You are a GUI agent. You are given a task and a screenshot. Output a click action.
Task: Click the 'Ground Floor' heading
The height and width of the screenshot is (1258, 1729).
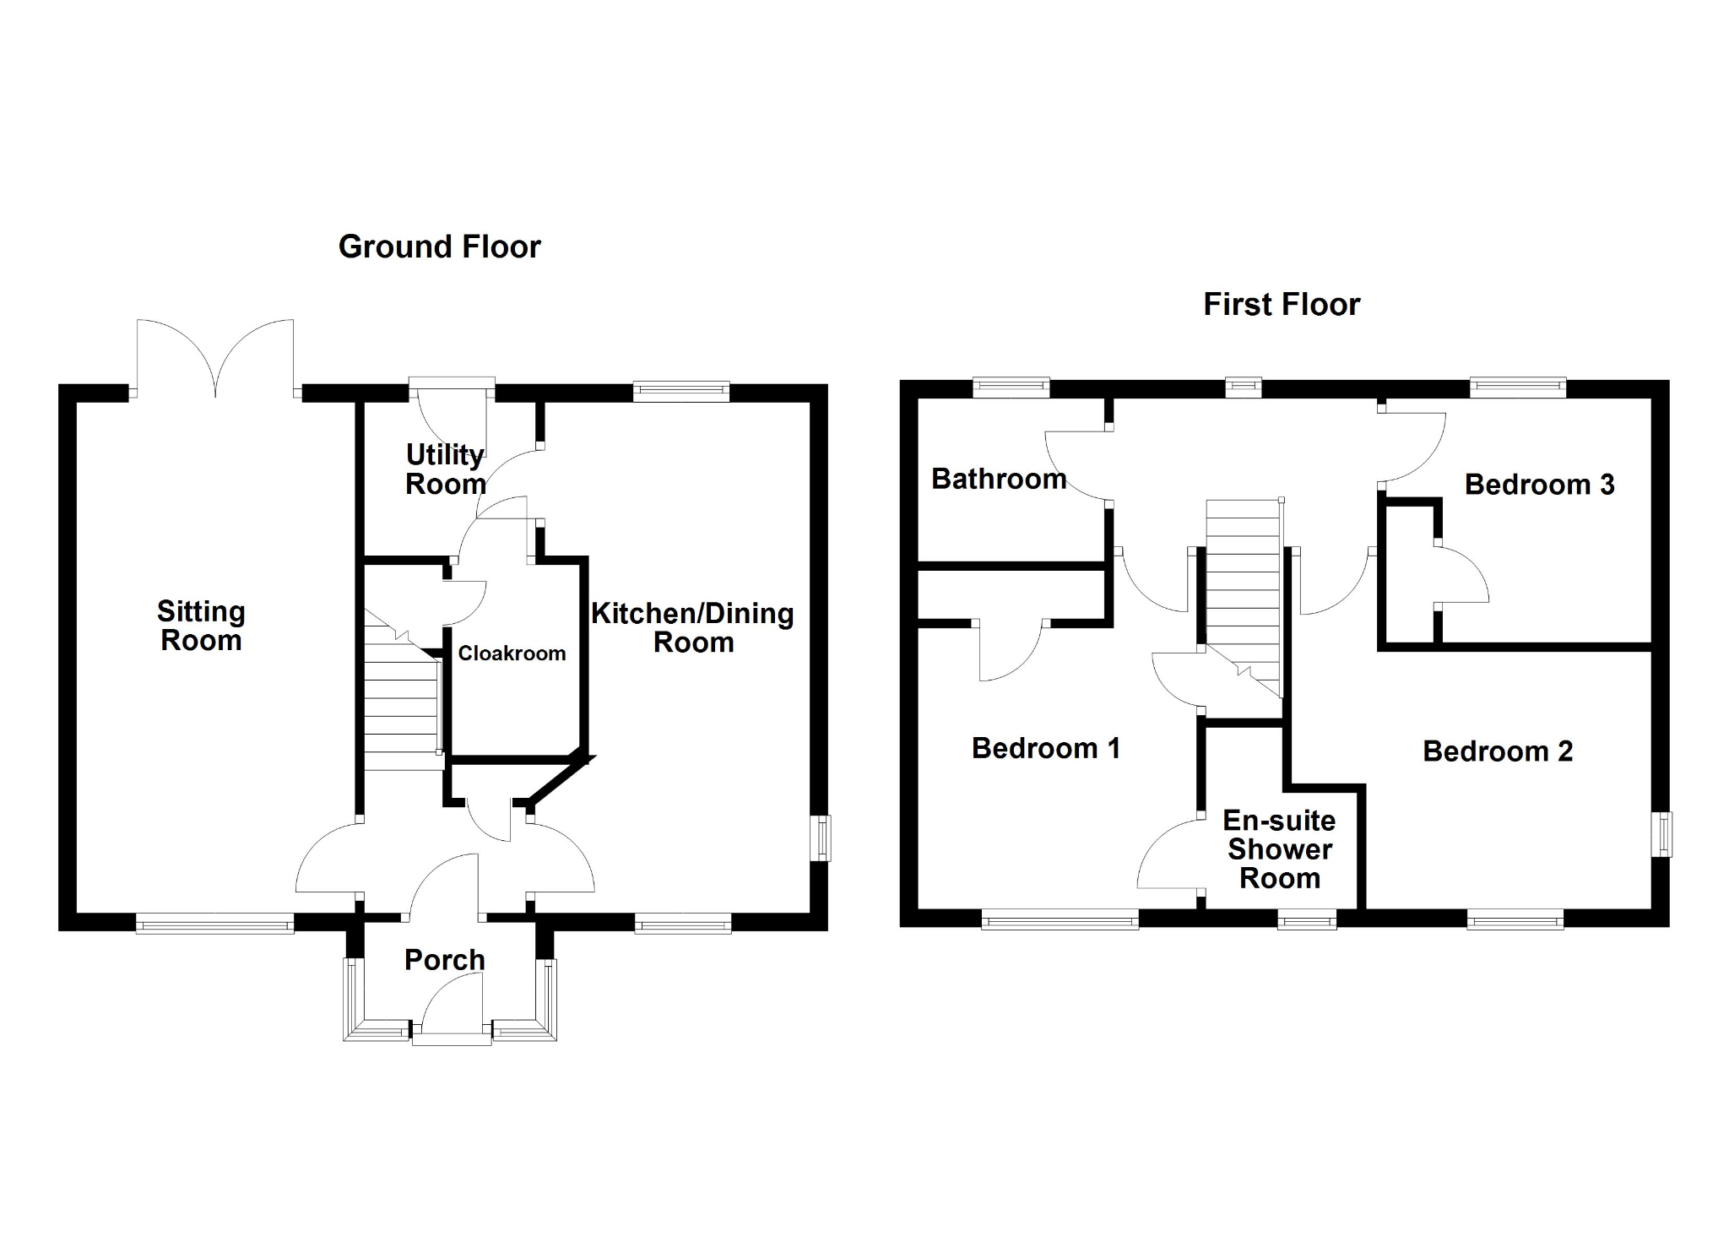pos(439,247)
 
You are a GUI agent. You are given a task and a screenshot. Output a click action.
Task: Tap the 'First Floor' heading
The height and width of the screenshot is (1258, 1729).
pos(1281,304)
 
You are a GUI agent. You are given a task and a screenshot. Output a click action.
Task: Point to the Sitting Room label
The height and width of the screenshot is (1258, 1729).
pos(201,626)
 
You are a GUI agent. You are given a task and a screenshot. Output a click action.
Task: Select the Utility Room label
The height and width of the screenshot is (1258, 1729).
pos(446,469)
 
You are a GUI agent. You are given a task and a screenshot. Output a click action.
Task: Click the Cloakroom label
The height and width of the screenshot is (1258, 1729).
pos(512,653)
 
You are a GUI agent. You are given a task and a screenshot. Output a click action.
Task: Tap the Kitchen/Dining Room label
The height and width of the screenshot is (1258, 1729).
pos(692,627)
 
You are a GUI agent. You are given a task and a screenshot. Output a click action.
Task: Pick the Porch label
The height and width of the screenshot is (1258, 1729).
pos(445,960)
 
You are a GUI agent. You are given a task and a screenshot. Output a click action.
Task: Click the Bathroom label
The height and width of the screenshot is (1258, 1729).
pos(999,479)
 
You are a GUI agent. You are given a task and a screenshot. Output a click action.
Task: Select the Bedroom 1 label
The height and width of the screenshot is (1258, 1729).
pos(1046,748)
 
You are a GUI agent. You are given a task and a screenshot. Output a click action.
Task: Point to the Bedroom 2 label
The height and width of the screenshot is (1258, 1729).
pos(1498,751)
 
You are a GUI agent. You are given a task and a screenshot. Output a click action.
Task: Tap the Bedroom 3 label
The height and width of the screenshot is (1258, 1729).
pos(1539,485)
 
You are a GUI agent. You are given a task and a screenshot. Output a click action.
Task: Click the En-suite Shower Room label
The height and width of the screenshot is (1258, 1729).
pos(1279,849)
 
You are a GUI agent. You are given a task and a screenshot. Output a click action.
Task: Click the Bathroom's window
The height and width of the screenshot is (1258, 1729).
pos(1011,388)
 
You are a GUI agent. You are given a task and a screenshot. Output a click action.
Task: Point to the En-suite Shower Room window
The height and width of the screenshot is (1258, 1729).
pos(1307,919)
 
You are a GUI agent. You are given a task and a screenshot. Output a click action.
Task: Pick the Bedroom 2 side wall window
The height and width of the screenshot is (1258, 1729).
pos(1661,834)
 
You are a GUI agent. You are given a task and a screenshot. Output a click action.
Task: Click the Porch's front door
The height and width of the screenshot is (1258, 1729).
pos(452,1008)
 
